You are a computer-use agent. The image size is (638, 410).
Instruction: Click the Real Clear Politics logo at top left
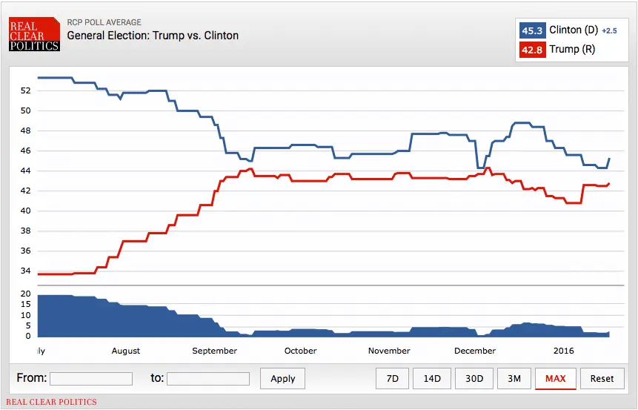34,35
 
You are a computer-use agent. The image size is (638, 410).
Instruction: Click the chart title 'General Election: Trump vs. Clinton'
153,35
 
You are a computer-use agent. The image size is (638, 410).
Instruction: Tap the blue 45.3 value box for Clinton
532,30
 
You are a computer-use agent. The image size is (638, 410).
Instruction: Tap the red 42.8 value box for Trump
532,50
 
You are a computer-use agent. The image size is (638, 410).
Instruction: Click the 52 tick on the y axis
25,90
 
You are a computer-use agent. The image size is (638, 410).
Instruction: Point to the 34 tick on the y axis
25,271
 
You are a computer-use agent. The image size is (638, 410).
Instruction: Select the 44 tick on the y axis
25,171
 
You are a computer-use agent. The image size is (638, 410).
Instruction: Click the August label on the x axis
126,351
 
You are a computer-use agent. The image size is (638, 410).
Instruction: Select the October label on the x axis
300,351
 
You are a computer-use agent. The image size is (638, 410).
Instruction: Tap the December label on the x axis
475,351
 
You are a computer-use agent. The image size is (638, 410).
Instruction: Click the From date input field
91,378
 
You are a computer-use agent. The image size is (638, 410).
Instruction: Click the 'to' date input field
208,378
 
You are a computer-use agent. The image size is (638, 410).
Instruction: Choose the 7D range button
392,378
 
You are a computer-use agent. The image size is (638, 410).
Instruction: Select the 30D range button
474,378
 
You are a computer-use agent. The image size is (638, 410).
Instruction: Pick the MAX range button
555,378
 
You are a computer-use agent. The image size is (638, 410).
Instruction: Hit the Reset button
602,378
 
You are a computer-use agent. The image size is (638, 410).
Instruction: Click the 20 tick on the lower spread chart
25,294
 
